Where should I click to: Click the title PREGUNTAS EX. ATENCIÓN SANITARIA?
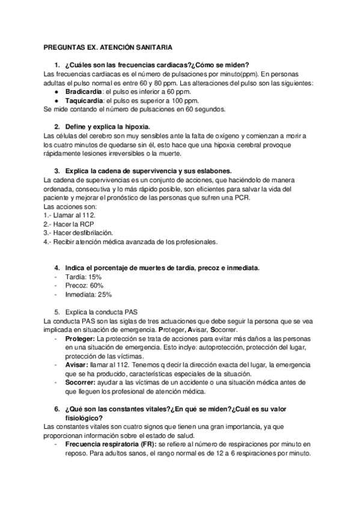tap(109, 46)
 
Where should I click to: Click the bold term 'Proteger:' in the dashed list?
tap(80, 340)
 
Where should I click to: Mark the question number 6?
tap(56, 409)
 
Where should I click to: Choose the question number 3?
tap(56, 170)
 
